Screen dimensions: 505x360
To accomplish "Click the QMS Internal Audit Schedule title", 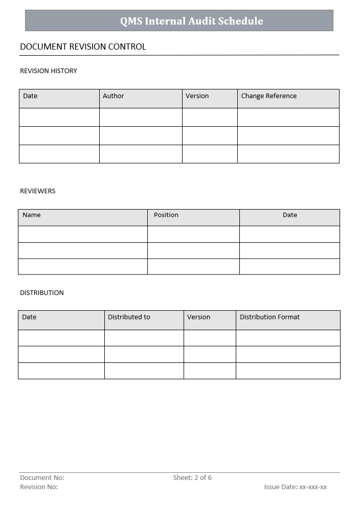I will pos(191,21).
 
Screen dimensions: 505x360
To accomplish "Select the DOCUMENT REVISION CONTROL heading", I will pos(83,47).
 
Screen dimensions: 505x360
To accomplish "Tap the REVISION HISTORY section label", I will pos(49,71).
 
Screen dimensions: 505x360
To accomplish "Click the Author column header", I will pos(114,96).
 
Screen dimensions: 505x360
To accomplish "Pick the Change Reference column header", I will pos(268,96).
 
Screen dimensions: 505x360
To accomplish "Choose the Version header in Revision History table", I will pos(197,96).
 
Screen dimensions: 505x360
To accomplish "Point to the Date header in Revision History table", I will pos(30,96).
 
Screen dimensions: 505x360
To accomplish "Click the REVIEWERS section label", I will pos(37,191).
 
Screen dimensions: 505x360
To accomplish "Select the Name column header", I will pos(32,215).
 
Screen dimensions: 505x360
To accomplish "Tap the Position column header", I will pos(166,215).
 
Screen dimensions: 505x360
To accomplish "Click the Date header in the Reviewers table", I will pos(289,215).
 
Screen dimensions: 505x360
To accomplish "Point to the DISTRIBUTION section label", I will pos(42,292).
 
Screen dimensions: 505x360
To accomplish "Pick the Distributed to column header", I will pos(129,317).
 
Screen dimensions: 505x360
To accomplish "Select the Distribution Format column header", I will pos(269,317).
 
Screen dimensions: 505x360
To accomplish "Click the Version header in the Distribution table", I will pos(198,317).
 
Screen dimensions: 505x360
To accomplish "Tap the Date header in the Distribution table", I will pos(29,317).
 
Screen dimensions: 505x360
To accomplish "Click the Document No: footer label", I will pos(42,477).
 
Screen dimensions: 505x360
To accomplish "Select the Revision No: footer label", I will pos(39,487).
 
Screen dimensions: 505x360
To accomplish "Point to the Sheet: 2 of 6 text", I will pos(192,477).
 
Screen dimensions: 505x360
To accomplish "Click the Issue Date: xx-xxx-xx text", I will pos(295,487).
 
